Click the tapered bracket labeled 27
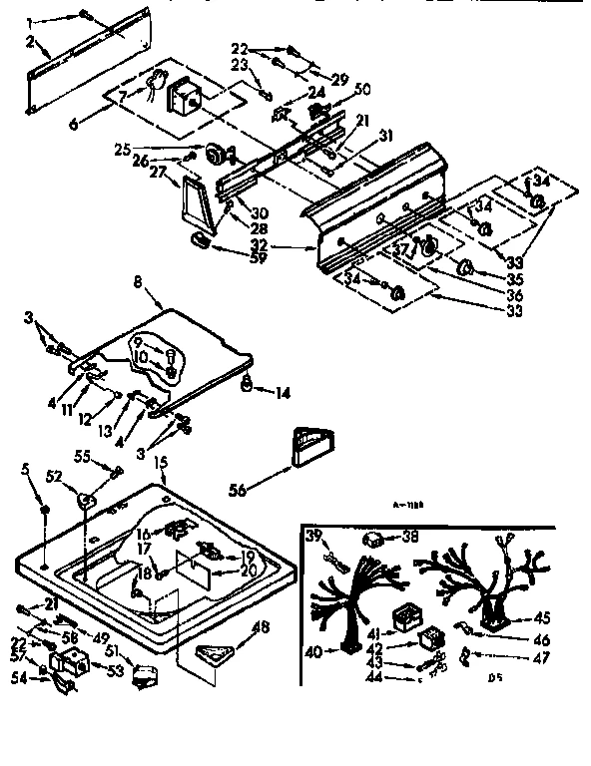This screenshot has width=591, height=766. (x=191, y=206)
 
